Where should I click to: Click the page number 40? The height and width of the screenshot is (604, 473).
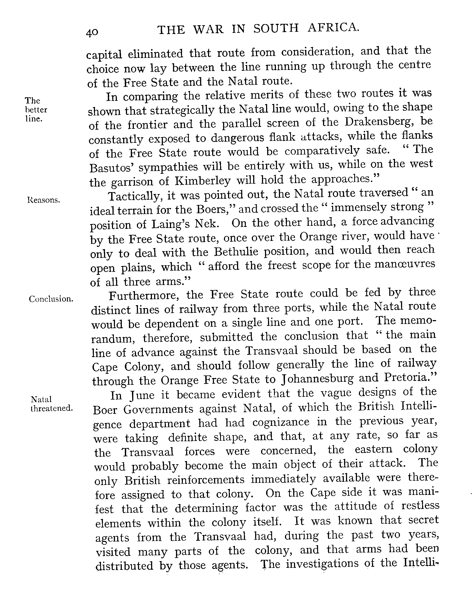coord(92,33)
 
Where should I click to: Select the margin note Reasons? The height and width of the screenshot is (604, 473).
coord(44,200)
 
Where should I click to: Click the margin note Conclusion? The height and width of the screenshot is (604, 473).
coord(51,299)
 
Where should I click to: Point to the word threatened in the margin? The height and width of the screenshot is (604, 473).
coord(51,408)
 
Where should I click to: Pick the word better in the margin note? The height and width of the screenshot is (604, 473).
coord(36,110)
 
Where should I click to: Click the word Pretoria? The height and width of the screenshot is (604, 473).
coord(410,378)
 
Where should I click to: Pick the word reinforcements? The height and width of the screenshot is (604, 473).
coord(206,480)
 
